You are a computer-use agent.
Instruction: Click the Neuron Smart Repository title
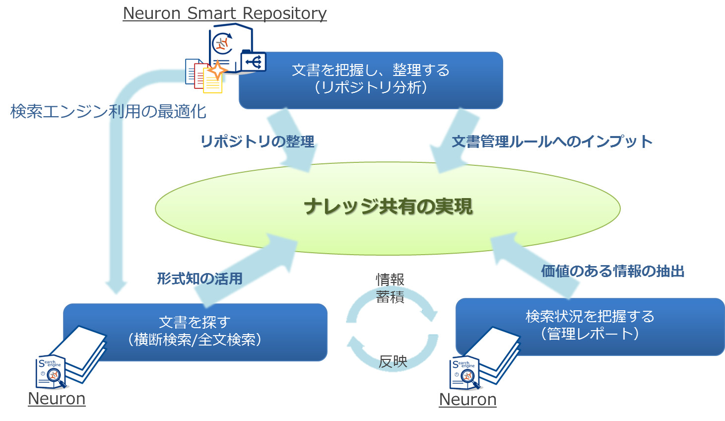[225, 13]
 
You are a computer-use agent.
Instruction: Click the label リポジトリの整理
[257, 142]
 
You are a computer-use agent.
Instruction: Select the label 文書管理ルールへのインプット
[552, 142]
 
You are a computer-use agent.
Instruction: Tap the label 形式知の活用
[199, 279]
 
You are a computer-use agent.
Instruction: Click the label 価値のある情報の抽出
[613, 271]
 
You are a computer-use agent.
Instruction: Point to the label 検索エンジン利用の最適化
[108, 111]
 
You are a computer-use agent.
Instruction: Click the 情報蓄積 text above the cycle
[390, 288]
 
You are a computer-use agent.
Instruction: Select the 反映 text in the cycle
[393, 362]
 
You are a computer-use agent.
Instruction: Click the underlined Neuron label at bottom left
[57, 399]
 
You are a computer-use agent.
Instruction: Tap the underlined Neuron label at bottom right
[467, 400]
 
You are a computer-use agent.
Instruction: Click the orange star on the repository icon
[216, 70]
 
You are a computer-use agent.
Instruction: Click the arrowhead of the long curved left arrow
[117, 287]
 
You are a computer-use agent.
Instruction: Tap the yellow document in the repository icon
[212, 82]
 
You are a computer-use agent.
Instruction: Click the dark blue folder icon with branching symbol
[254, 62]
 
